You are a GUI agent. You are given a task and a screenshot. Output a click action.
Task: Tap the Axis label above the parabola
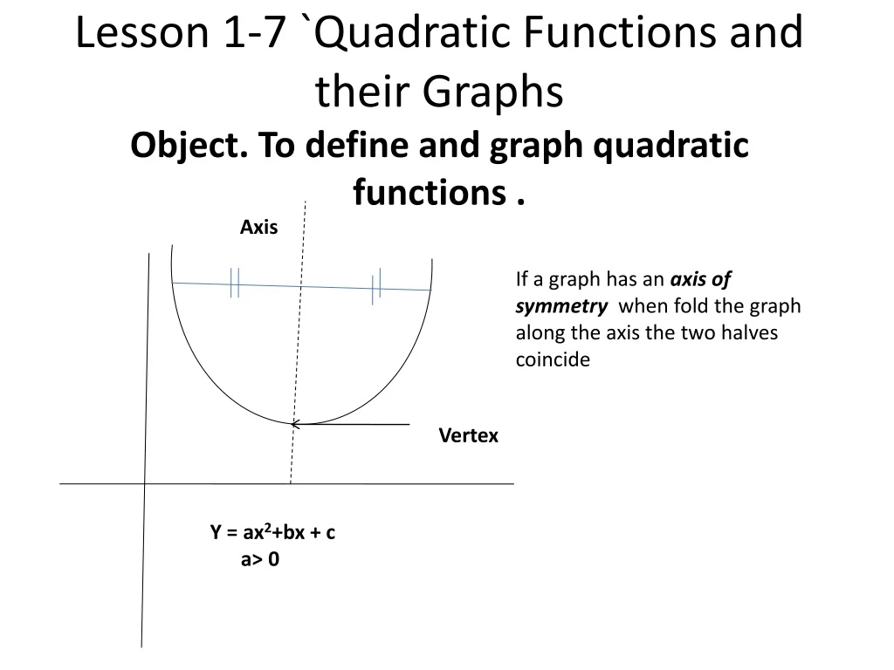tap(258, 228)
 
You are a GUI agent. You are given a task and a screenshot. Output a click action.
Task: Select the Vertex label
tap(468, 436)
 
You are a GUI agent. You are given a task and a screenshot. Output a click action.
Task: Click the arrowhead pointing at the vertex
tap(297, 424)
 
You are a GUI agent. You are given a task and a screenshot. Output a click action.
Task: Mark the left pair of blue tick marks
tap(234, 283)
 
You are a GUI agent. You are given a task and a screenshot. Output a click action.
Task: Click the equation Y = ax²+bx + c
tap(272, 533)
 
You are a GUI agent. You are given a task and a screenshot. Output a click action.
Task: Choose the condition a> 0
tap(260, 560)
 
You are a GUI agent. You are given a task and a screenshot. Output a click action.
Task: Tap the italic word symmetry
tap(560, 306)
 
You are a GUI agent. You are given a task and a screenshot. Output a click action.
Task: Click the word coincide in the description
tap(553, 359)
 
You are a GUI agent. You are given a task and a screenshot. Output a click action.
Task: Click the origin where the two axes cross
tap(145, 482)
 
